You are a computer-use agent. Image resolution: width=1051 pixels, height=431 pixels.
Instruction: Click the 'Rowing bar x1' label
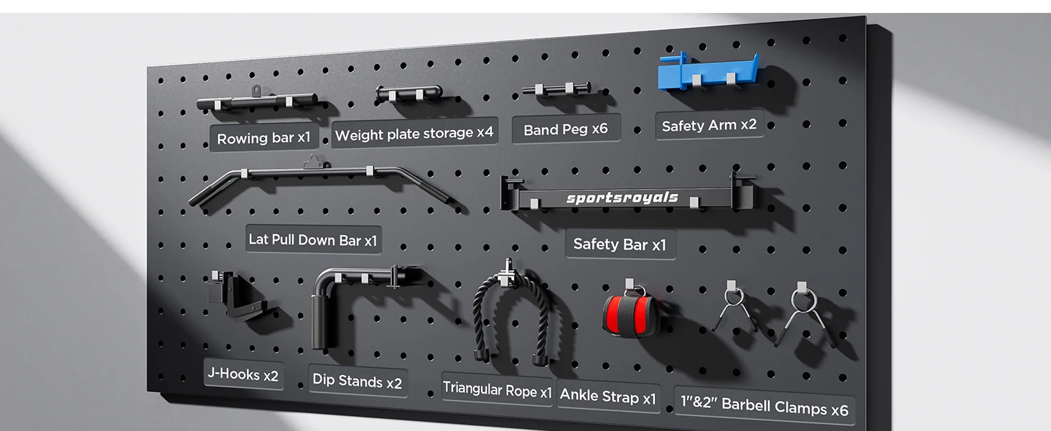tap(263, 138)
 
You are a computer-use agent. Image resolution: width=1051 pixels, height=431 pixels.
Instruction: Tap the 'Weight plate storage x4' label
tap(414, 134)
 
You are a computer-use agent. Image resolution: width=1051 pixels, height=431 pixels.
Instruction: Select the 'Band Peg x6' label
tap(566, 129)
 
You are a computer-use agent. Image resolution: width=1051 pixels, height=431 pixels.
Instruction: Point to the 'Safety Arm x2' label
tap(709, 125)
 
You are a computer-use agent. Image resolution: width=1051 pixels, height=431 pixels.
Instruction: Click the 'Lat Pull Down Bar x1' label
tap(312, 239)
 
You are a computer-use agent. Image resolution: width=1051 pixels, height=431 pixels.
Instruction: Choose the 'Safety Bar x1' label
tap(620, 244)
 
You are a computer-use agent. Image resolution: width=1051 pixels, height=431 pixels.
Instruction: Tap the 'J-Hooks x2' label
tap(243, 374)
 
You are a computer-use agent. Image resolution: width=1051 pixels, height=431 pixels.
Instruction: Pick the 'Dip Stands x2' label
tap(357, 381)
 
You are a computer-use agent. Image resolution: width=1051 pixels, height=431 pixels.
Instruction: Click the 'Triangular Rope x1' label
tap(497, 389)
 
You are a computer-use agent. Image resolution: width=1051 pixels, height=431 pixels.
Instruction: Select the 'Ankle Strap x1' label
tap(608, 396)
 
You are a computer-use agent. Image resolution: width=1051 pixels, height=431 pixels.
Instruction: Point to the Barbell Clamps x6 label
tap(765, 407)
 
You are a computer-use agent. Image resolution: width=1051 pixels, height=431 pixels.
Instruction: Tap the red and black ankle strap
tap(630, 314)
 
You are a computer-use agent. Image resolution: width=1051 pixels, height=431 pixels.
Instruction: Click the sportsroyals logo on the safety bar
tap(622, 198)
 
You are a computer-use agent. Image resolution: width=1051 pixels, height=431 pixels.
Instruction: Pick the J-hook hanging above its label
tap(234, 296)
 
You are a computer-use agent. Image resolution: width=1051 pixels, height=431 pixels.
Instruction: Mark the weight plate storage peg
tap(408, 93)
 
